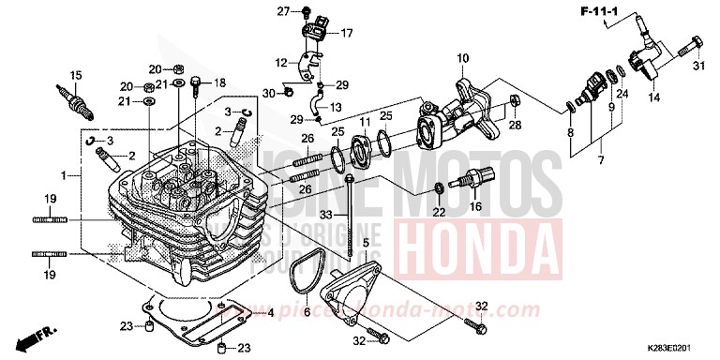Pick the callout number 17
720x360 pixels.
(346, 33)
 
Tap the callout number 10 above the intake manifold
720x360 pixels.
(462, 59)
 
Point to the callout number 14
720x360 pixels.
(653, 97)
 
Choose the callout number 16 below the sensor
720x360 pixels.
(475, 207)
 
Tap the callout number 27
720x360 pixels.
(280, 11)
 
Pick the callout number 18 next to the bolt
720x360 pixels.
(220, 83)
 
